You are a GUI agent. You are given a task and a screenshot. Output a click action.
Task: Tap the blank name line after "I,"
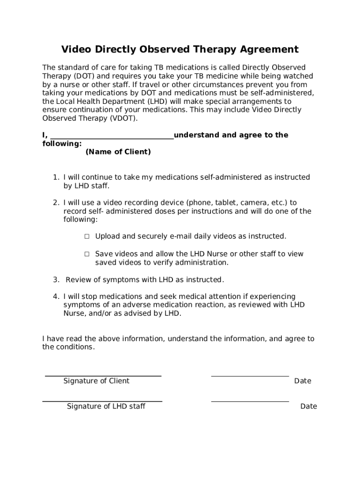tap(111, 136)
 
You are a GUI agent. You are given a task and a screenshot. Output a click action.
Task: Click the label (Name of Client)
tap(118, 152)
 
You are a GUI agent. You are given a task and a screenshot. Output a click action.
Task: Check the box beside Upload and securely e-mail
tap(87, 237)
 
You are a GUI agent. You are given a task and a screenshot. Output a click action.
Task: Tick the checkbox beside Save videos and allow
tap(87, 254)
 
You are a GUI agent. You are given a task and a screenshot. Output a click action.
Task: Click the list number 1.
tap(56, 178)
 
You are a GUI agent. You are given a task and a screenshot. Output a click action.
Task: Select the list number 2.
tap(56, 203)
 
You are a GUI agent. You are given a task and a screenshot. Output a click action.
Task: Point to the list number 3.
tap(56, 280)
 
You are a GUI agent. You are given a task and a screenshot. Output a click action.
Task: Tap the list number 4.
tap(56, 297)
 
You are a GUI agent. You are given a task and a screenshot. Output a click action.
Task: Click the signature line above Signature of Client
tap(103, 376)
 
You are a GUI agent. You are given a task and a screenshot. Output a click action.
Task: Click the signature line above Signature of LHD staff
tap(102, 401)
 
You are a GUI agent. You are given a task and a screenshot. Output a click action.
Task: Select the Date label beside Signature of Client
tap(302, 381)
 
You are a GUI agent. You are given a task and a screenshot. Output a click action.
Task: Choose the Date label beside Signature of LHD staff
tap(309, 406)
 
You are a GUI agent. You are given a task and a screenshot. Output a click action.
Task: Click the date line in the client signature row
tap(250, 376)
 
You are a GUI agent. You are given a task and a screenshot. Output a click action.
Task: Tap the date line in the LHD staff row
tap(250, 401)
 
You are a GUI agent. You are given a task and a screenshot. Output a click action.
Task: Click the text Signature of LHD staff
tap(106, 406)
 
